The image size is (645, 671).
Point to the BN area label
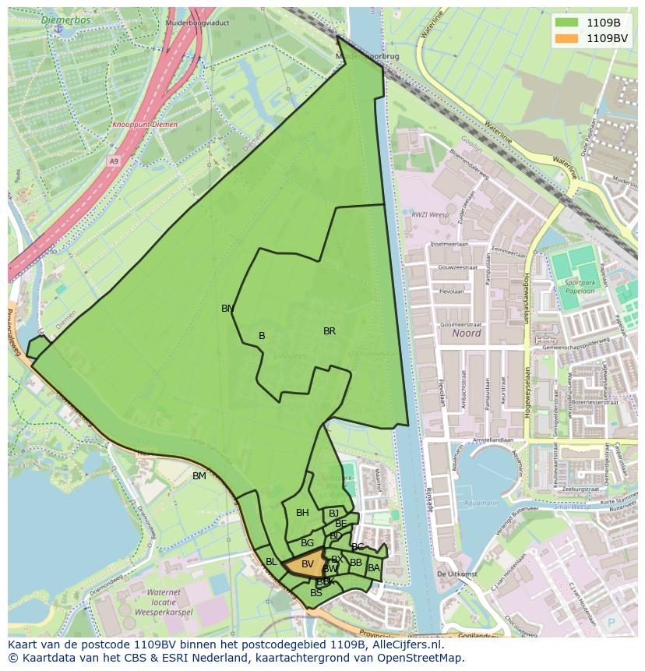pos(227,309)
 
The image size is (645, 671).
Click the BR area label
pos(330,331)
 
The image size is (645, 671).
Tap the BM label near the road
pos(199,476)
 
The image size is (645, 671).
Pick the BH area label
pos(302,513)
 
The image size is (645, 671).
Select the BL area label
pos(271,562)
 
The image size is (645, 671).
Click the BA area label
pos(374,568)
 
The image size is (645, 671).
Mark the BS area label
pos(315,593)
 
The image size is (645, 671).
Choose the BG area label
pos(307,543)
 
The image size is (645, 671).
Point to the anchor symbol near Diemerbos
pos(58,28)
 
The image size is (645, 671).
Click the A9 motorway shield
pos(115,161)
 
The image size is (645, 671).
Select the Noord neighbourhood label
pos(466,333)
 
